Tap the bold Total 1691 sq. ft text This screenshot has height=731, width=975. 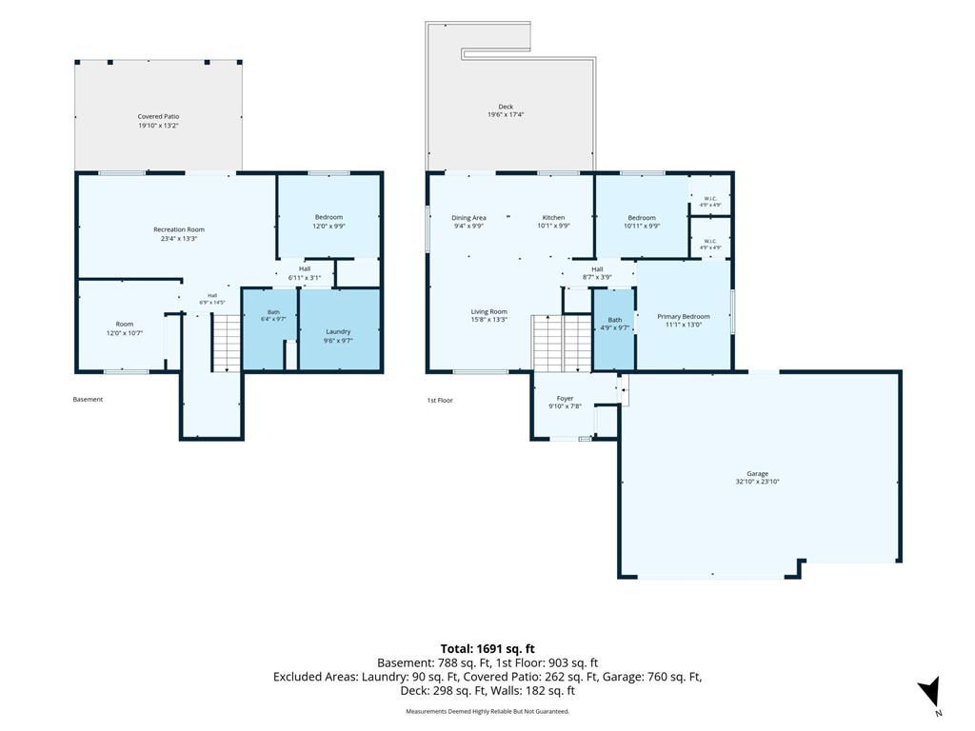(487, 649)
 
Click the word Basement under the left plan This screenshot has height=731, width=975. (88, 399)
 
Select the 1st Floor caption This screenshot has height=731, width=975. (440, 401)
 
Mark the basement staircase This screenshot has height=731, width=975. (227, 343)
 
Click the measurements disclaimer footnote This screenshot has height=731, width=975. (487, 711)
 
